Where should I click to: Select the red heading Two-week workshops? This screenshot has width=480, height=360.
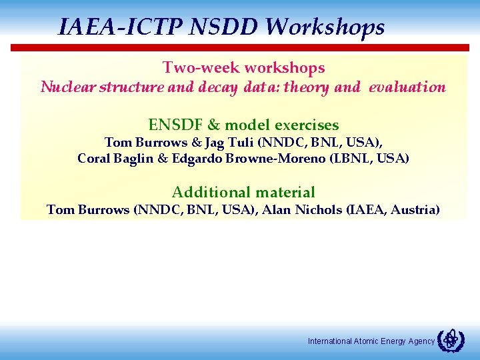tap(243, 67)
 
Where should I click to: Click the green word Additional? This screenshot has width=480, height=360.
tap(205, 193)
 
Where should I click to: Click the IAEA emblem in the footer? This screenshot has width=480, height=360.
tap(451, 341)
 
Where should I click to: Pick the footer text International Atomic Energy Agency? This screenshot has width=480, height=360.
tap(371, 341)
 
